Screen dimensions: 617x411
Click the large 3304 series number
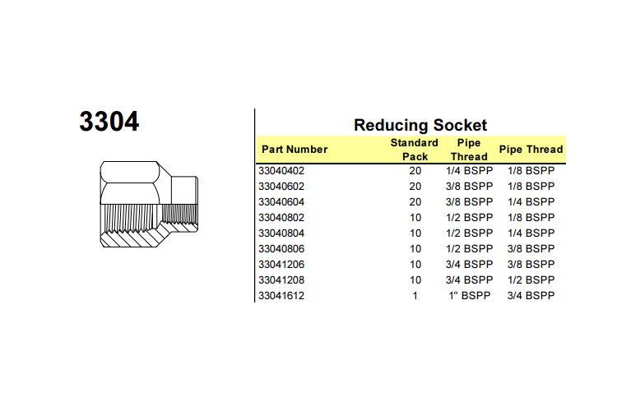pos(109,121)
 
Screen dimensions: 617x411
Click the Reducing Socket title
pos(420,125)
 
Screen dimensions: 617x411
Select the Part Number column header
pos(295,150)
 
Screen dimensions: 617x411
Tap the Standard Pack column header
pos(415,150)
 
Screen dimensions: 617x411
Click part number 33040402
pos(281,171)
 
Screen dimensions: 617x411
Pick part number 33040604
pos(281,202)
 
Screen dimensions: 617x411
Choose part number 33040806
pos(281,249)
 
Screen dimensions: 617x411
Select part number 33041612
pos(281,296)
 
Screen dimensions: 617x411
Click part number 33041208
pos(281,280)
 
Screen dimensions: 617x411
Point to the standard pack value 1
pos(415,296)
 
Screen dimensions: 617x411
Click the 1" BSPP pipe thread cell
pos(470,296)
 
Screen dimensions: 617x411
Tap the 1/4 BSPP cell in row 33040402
pos(470,171)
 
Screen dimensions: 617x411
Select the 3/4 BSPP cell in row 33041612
pos(531,296)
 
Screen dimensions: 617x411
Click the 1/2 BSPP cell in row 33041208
pos(531,280)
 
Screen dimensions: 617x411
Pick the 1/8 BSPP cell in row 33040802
pos(531,218)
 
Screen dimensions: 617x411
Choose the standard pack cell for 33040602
pos(415,187)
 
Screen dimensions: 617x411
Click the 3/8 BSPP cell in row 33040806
pos(531,249)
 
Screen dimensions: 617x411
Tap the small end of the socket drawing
pos(184,204)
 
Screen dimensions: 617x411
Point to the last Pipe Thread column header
pos(531,150)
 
